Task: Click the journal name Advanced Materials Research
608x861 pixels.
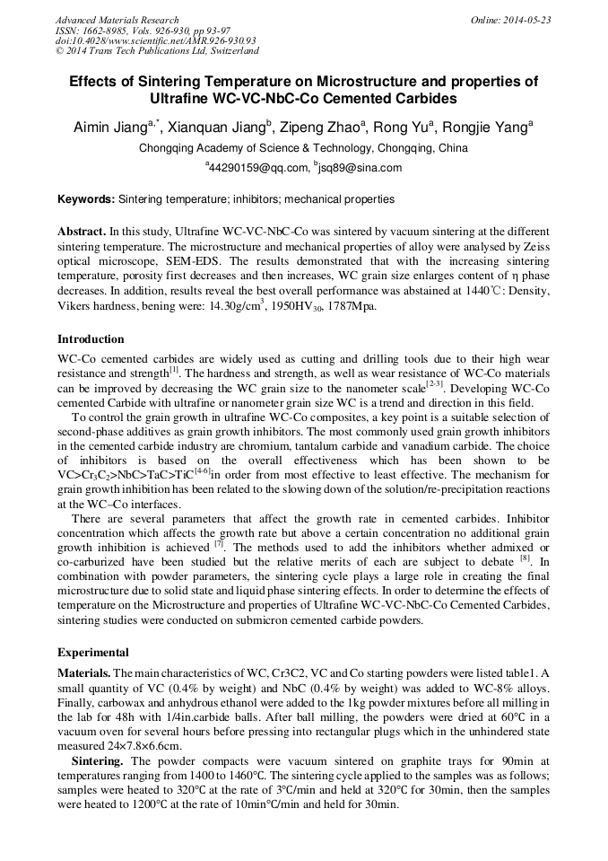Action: pyautogui.click(x=117, y=20)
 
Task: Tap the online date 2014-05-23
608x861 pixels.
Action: pyautogui.click(x=528, y=20)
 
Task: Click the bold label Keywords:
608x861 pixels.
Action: pyautogui.click(x=86, y=199)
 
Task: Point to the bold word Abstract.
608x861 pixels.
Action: pyautogui.click(x=81, y=231)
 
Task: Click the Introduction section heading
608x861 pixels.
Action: pyautogui.click(x=91, y=339)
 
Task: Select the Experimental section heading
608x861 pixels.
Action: pyautogui.click(x=93, y=653)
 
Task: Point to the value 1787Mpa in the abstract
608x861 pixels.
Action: pyautogui.click(x=378, y=306)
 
